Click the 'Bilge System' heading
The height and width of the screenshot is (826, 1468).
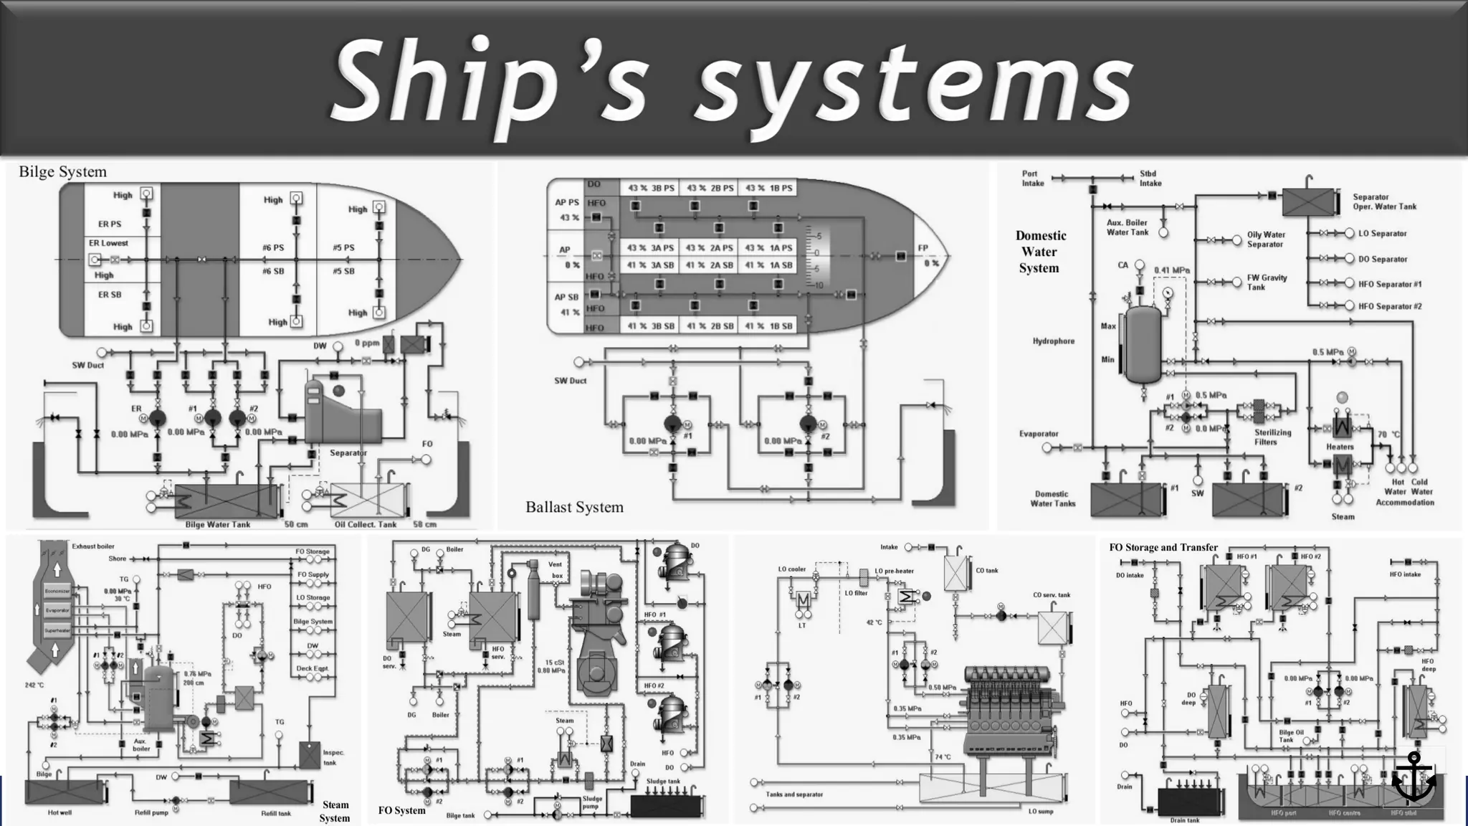click(62, 172)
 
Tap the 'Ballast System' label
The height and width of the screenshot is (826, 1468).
click(574, 507)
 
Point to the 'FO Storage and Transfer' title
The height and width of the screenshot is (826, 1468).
click(1163, 547)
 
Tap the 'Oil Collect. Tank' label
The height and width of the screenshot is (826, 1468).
click(365, 524)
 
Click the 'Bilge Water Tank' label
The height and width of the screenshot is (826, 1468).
click(218, 524)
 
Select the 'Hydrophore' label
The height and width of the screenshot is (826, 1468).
click(1053, 341)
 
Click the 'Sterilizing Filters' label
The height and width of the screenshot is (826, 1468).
click(1272, 437)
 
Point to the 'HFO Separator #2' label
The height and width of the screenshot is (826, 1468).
click(1389, 306)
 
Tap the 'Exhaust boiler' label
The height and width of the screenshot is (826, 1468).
click(93, 546)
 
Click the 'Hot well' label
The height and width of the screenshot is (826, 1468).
click(59, 812)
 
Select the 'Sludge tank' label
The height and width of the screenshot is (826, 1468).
click(663, 782)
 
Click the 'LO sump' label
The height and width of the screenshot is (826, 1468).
click(1041, 811)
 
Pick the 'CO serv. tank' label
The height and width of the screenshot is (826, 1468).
click(1051, 594)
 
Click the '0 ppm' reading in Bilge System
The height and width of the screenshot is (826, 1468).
click(367, 343)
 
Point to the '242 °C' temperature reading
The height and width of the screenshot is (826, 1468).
click(35, 685)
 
